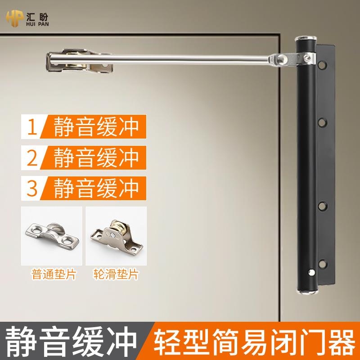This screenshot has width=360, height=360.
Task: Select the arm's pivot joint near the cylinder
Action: pyautogui.click(x=283, y=58)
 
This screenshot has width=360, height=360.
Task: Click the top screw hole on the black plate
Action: pyautogui.click(x=323, y=67)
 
